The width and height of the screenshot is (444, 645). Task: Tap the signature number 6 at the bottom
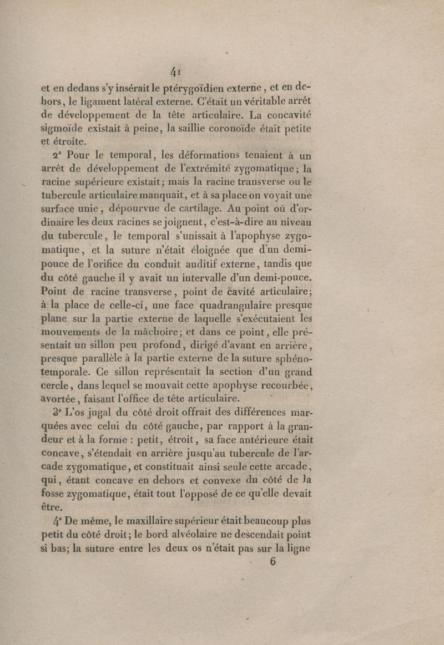tap(272, 562)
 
